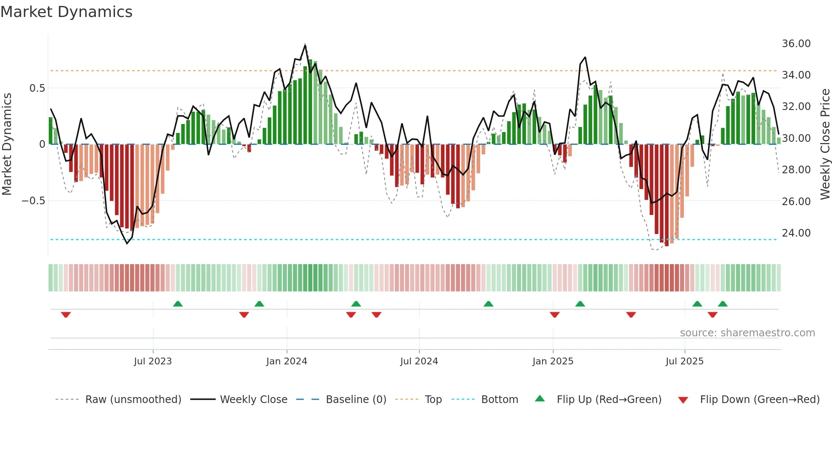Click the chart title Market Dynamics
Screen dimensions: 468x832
point(66,12)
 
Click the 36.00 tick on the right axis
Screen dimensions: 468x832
point(796,44)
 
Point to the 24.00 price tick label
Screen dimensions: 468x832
point(796,233)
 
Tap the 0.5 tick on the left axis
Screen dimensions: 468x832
point(37,88)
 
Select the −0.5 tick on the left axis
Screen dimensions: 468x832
point(34,200)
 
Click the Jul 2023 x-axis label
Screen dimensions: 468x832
point(153,361)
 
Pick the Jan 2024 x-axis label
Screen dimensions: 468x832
point(287,361)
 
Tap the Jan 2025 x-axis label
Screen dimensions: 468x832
point(553,361)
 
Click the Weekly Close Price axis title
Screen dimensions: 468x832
point(825,144)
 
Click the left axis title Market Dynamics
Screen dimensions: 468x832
point(7,144)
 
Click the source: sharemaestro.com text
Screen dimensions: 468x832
point(747,333)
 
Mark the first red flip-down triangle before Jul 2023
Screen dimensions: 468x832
point(66,315)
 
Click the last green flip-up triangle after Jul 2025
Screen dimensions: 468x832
point(722,304)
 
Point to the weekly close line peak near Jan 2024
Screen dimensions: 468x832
point(305,44)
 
